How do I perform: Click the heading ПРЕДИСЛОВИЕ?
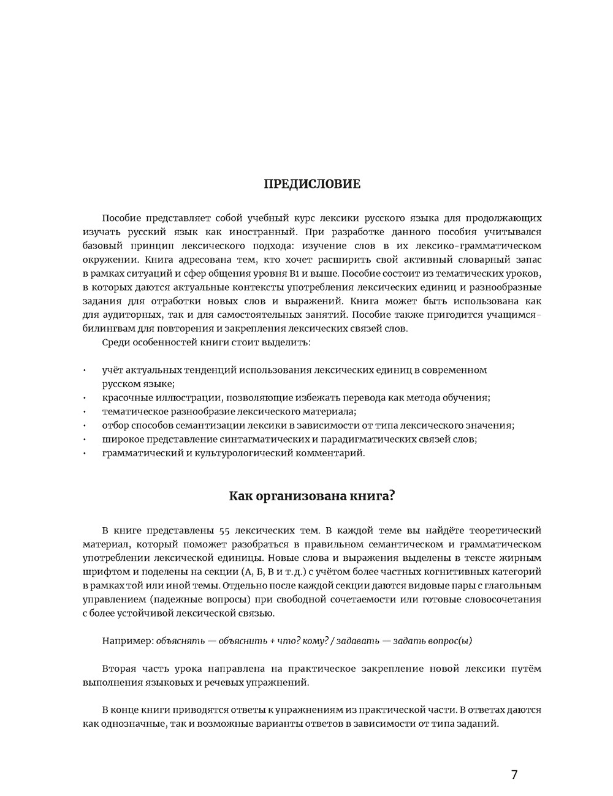(312, 184)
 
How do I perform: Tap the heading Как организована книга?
(312, 496)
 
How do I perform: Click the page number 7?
(514, 775)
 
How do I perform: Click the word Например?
(127, 641)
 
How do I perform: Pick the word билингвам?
(105, 329)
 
